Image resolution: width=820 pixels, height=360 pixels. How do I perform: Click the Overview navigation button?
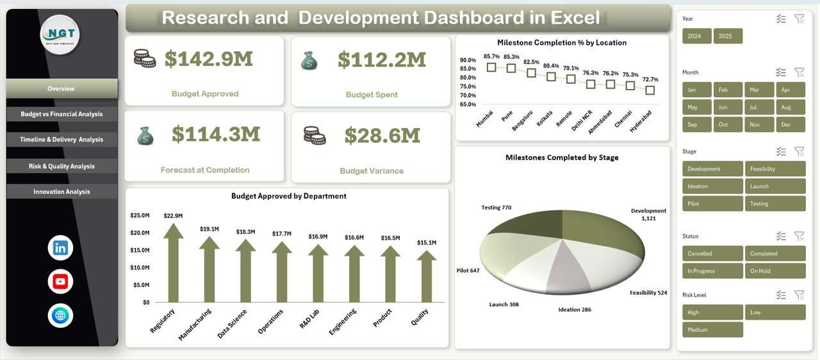pos(61,88)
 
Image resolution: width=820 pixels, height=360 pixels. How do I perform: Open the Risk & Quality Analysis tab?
pos(61,166)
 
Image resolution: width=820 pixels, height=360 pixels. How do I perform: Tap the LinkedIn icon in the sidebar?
pos(60,248)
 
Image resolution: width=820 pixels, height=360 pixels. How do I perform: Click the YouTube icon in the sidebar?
pos(60,281)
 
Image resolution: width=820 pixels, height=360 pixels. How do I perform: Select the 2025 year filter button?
pos(728,37)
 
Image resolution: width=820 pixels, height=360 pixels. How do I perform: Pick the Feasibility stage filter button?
pos(775,169)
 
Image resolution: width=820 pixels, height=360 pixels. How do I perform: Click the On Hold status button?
pos(775,271)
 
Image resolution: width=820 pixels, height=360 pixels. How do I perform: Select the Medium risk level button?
pos(712,330)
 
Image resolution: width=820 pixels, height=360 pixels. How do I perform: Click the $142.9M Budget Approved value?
pos(208,60)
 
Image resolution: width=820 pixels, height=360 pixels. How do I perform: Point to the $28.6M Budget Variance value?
pos(382,136)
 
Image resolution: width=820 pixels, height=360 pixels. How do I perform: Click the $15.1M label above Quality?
pos(427,243)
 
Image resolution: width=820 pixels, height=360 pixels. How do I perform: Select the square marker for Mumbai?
pos(491,67)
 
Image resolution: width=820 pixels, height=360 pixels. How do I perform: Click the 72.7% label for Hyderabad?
pos(650,79)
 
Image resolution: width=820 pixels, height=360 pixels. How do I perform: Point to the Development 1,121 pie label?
pos(648,215)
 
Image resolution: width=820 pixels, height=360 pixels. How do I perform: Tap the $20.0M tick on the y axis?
pos(140,233)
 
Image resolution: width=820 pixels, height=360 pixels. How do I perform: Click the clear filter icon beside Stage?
pos(799,152)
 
